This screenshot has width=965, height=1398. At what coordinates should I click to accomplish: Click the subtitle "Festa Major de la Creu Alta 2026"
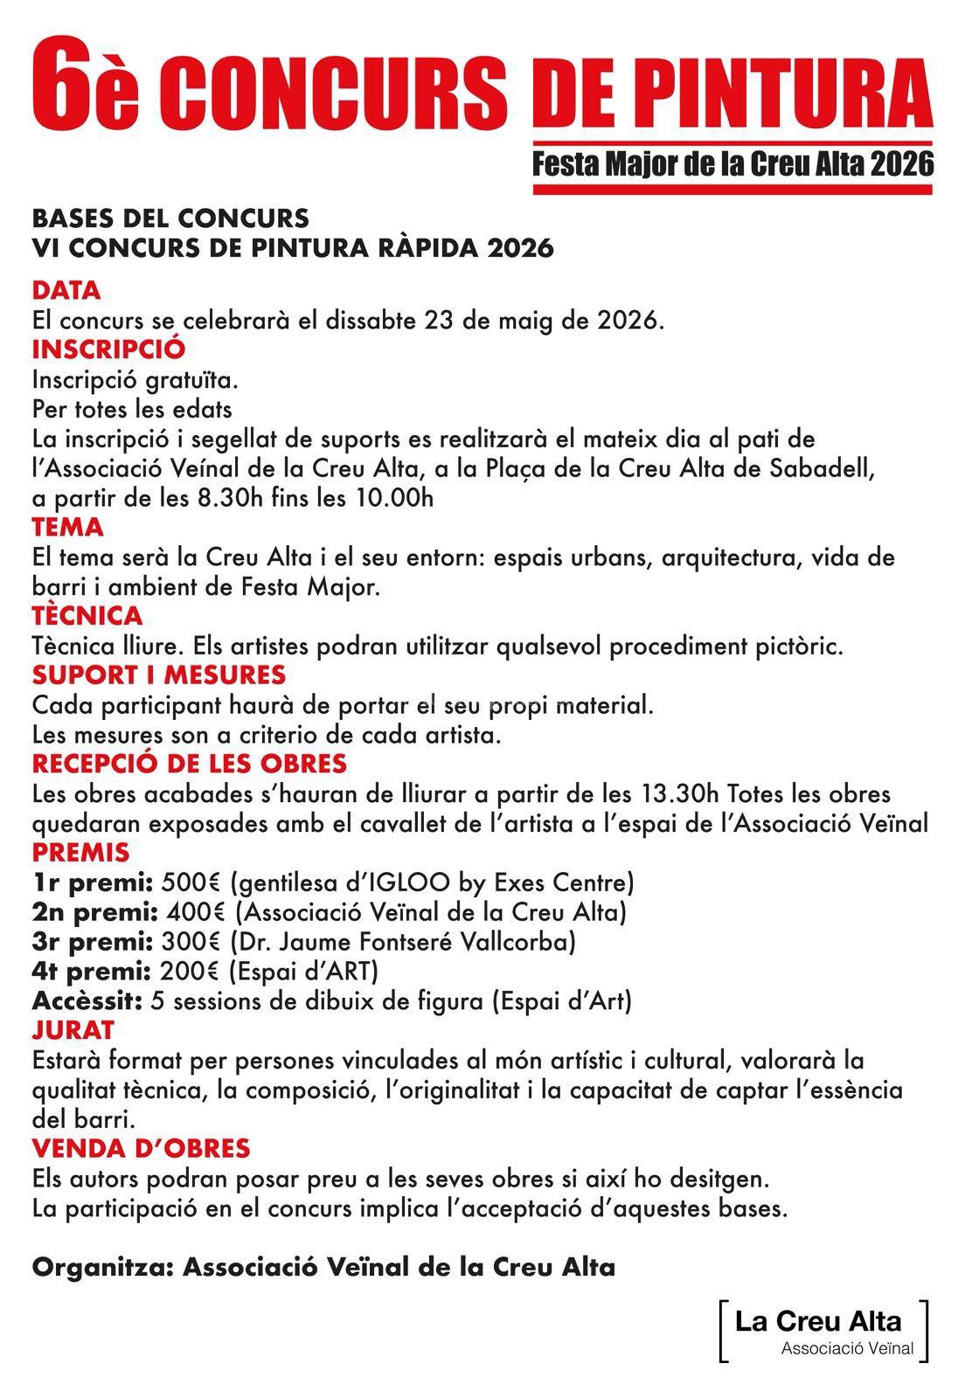click(x=733, y=163)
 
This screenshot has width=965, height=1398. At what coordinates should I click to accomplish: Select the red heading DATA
click(x=66, y=290)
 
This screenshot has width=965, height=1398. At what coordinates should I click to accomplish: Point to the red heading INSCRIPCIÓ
click(x=108, y=349)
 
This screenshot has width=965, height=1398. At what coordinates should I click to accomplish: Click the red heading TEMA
click(x=67, y=528)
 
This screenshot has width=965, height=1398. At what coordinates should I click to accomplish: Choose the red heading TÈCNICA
click(x=87, y=616)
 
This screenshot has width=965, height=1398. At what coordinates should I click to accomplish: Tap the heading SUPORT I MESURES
click(x=158, y=675)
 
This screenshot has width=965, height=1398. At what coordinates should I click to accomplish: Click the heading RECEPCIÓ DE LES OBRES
click(x=189, y=764)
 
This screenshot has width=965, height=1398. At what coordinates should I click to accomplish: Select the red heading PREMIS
click(x=80, y=852)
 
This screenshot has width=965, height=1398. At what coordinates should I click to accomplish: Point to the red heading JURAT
click(x=73, y=1030)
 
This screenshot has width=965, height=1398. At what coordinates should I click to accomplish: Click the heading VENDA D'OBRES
click(x=141, y=1148)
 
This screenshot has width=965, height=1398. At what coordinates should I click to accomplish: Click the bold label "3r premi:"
click(x=93, y=942)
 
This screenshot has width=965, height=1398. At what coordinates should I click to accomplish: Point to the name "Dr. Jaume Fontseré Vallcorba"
click(x=402, y=942)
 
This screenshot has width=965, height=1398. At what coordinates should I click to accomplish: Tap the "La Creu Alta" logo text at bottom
click(x=818, y=1321)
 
